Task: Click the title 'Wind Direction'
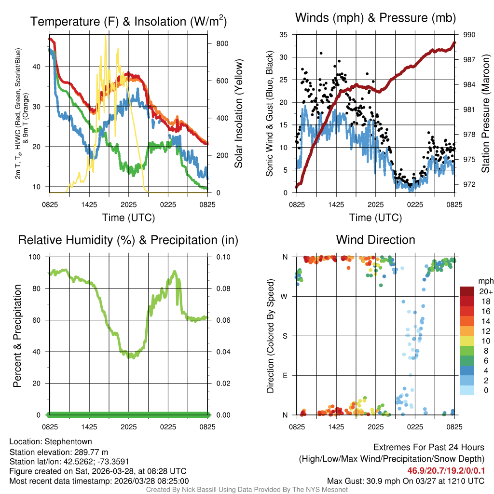(x=375, y=240)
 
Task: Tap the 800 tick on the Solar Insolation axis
(x=222, y=43)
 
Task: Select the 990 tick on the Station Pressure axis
(x=469, y=35)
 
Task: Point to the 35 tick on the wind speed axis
(x=284, y=35)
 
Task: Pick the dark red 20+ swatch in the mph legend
(x=467, y=291)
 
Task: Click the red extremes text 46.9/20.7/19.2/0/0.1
(x=445, y=470)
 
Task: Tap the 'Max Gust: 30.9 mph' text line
(x=405, y=480)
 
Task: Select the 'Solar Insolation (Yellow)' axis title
(x=238, y=114)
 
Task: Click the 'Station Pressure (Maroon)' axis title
(x=486, y=114)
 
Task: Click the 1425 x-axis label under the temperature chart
(x=90, y=205)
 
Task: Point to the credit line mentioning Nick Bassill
(x=247, y=490)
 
